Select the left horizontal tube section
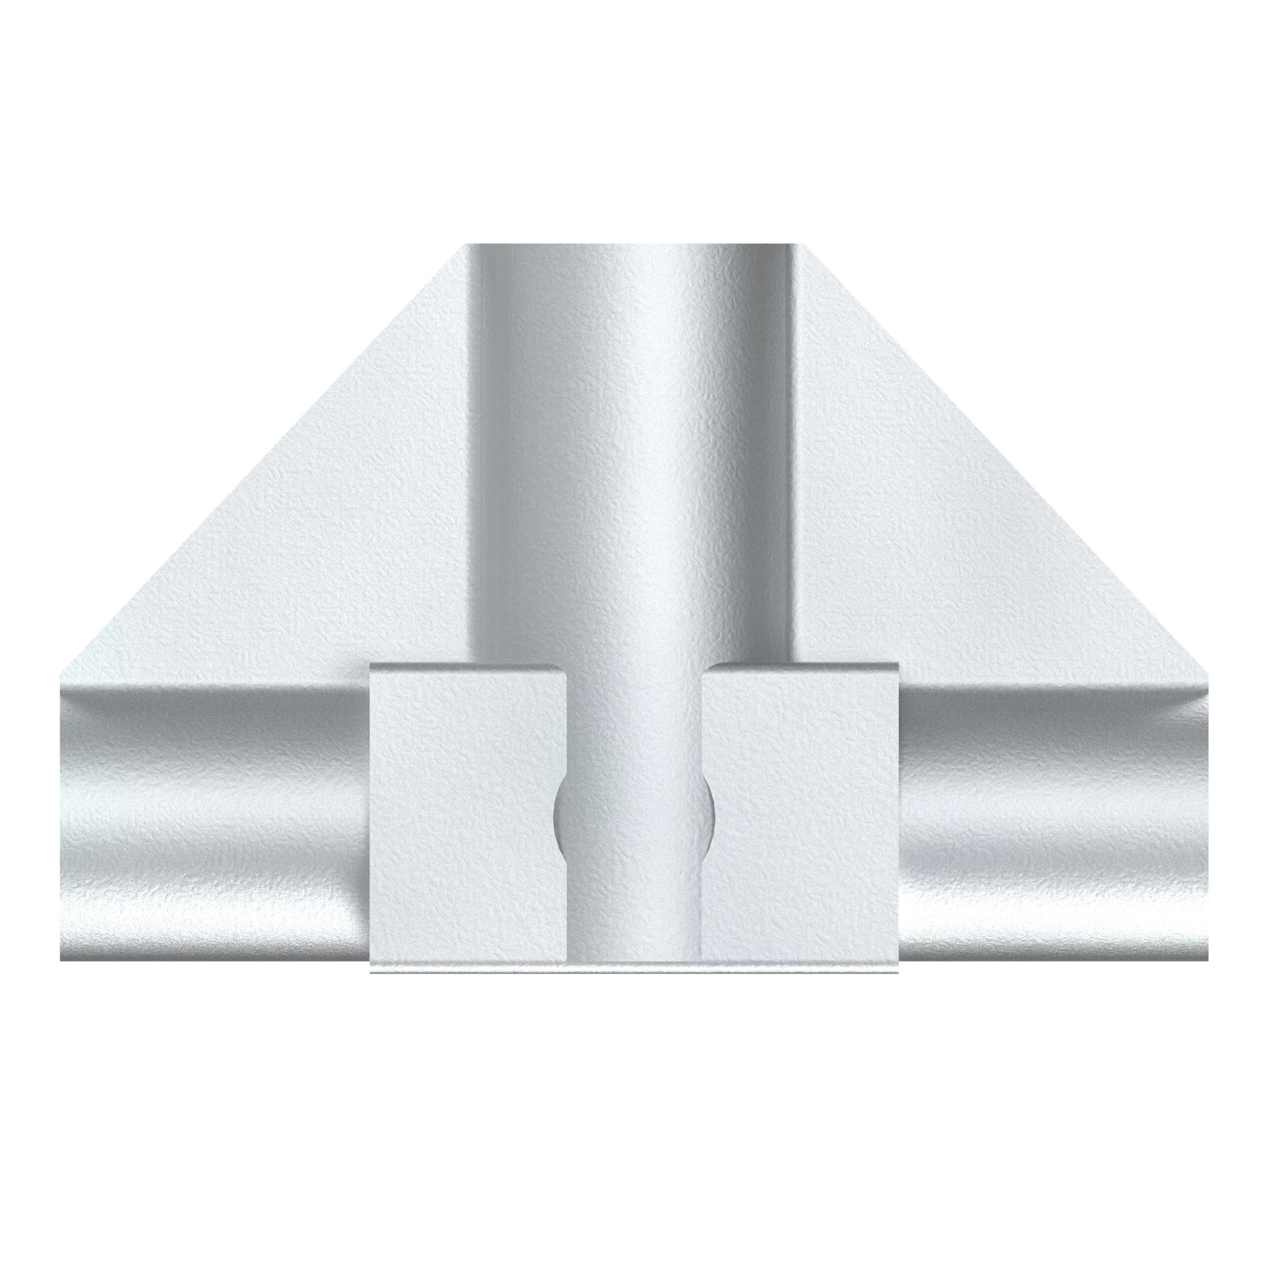click(210, 813)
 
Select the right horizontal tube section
click(1056, 813)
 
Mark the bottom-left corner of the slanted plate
click(61, 674)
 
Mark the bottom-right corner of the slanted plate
click(1207, 674)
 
